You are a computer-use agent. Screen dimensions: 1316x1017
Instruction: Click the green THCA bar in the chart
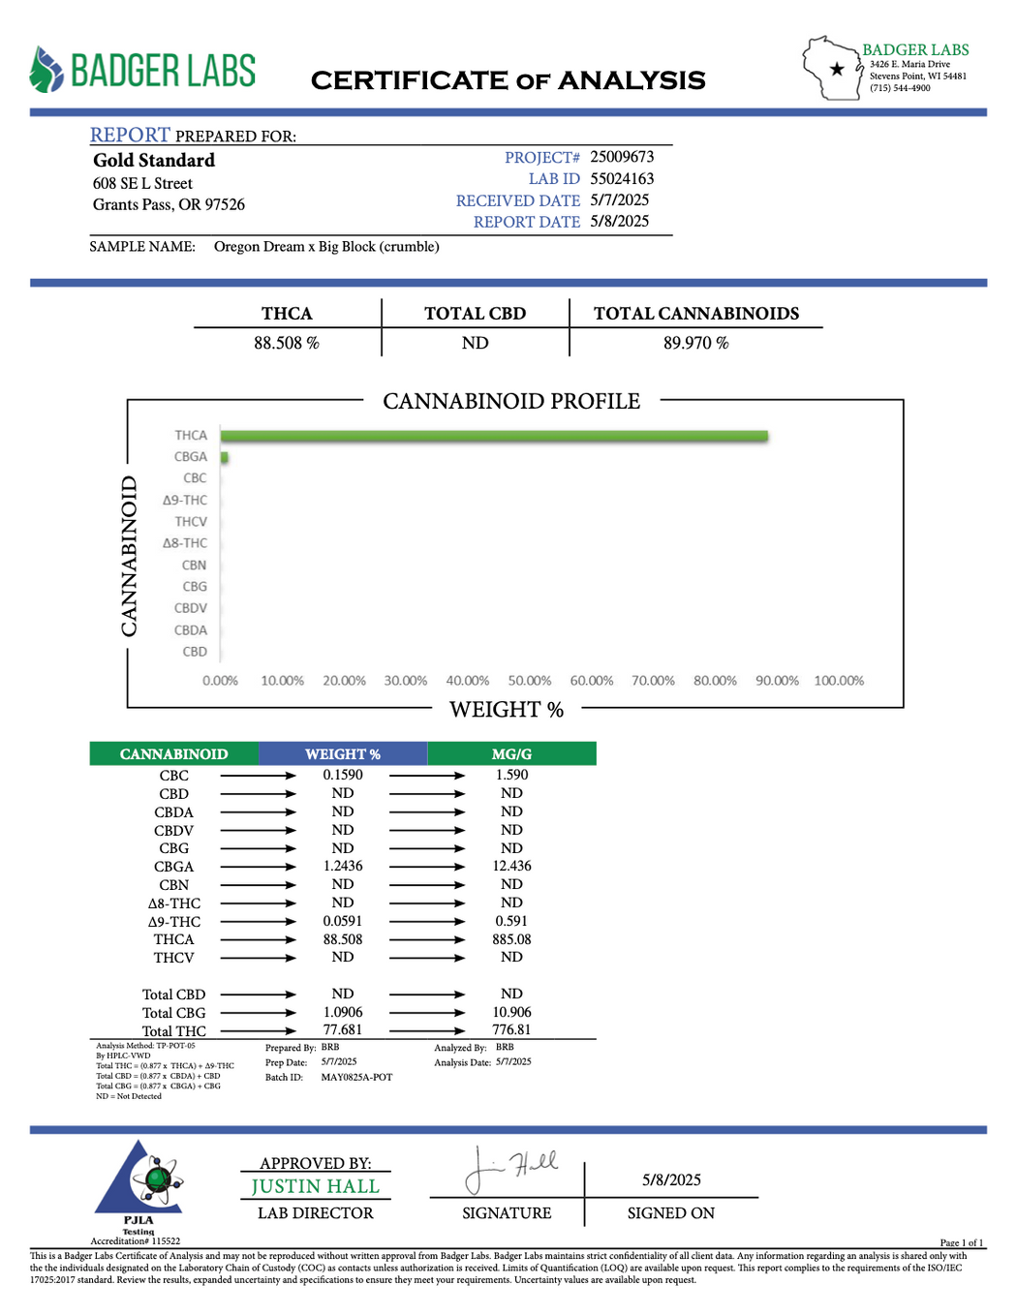coord(494,437)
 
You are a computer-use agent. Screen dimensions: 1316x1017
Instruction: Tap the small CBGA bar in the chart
coord(225,457)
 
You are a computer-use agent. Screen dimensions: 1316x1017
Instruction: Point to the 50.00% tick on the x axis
coord(529,681)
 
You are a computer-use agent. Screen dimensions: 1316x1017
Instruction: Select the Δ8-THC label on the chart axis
coord(184,543)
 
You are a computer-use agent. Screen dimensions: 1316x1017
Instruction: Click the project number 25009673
coord(622,157)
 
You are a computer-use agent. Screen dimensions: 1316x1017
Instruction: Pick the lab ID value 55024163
coord(622,179)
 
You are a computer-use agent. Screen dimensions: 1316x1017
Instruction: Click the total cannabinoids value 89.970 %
coord(695,343)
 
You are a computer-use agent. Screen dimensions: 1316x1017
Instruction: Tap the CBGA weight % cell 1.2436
coord(343,866)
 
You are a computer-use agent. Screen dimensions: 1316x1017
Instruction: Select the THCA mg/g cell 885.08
coord(511,939)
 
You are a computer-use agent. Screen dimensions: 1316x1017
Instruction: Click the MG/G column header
coord(511,754)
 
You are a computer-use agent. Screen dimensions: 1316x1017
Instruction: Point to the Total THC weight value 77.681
coord(343,1030)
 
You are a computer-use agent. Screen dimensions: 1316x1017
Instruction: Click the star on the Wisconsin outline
coord(837,69)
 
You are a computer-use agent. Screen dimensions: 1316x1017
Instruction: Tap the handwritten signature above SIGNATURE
coord(510,1168)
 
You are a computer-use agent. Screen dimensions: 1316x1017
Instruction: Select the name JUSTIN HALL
coord(315,1186)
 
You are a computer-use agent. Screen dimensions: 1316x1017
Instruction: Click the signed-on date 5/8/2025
coord(671,1179)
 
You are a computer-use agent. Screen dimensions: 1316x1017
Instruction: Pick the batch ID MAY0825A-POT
coord(356,1077)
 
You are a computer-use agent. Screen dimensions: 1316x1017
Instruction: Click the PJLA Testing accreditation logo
coord(139,1186)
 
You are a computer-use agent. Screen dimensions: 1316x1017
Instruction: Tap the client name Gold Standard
coord(154,161)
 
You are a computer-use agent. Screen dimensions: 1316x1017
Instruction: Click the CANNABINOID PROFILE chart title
coord(511,401)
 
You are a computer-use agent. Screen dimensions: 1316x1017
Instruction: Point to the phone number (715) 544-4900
coord(900,88)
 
